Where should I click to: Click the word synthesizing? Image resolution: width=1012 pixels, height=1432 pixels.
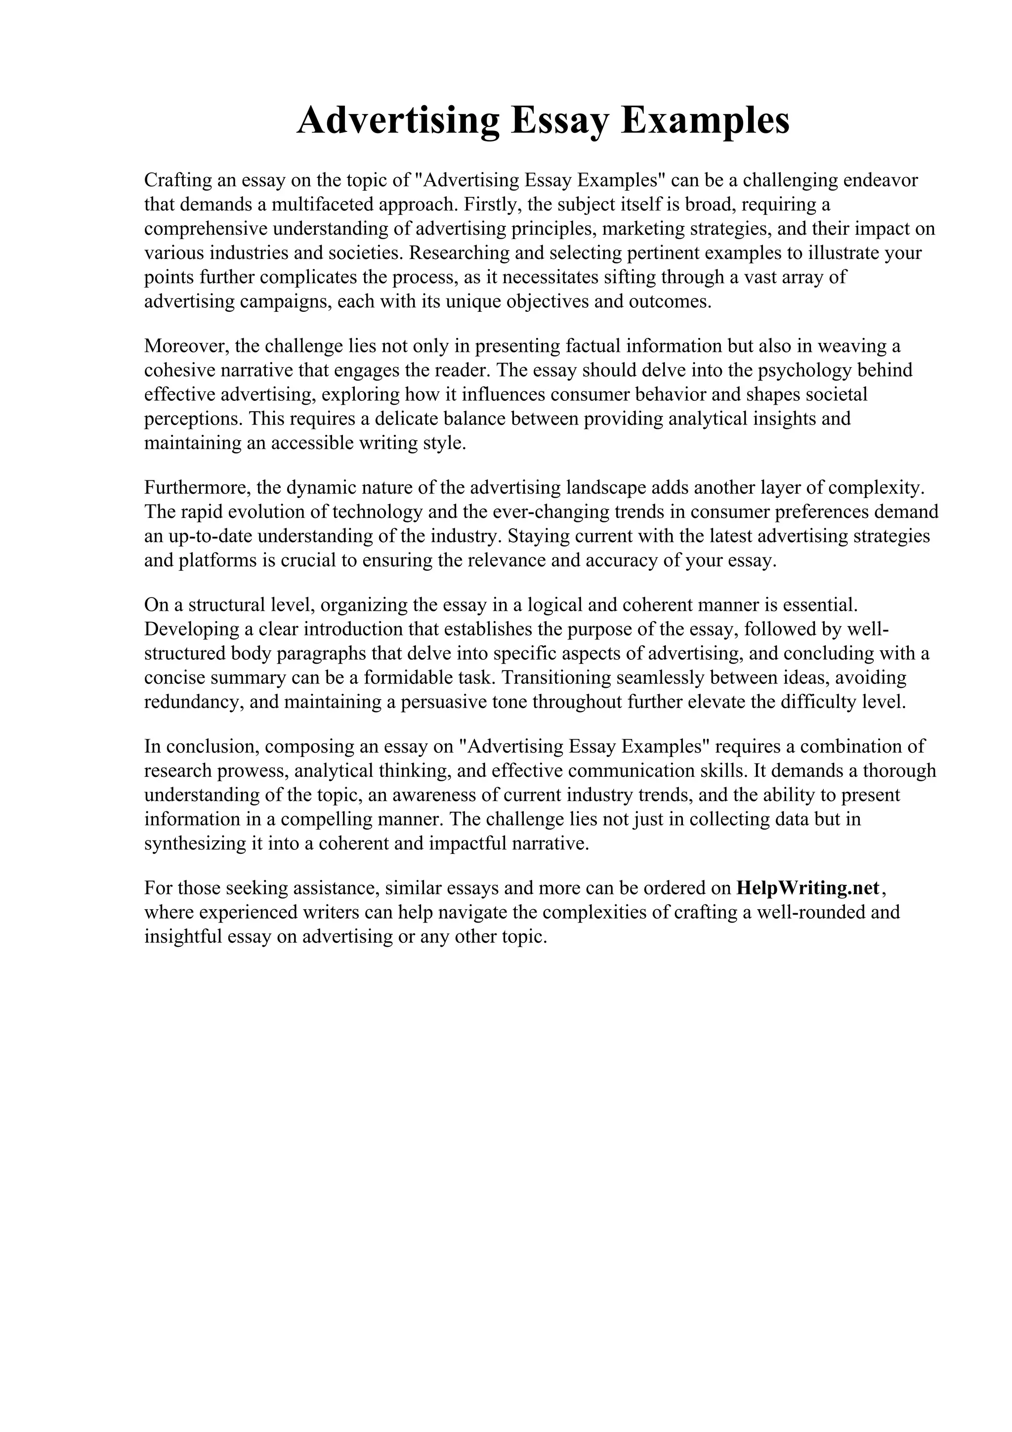pos(196,843)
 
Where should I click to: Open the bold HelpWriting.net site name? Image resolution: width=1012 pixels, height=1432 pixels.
pos(807,887)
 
